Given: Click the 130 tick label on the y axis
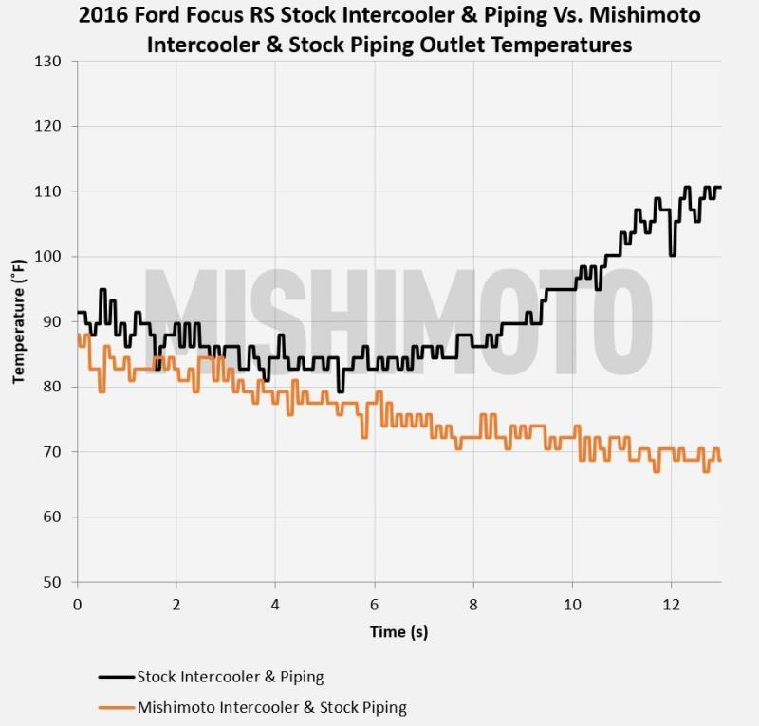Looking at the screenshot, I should pyautogui.click(x=48, y=62).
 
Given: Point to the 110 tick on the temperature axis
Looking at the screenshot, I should pyautogui.click(x=48, y=191).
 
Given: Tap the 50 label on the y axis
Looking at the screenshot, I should pyautogui.click(x=52, y=582).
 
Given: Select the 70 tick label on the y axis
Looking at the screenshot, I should pyautogui.click(x=52, y=452).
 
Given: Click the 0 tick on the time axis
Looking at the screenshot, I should pyautogui.click(x=77, y=604).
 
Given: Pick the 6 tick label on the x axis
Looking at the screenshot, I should pyautogui.click(x=375, y=604).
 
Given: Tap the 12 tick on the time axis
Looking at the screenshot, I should pyautogui.click(x=671, y=604).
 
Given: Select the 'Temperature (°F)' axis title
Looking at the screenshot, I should pyautogui.click(x=18, y=321).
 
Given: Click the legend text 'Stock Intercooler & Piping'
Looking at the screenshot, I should pyautogui.click(x=231, y=677).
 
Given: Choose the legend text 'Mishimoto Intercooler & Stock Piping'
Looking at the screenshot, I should pyautogui.click(x=271, y=707).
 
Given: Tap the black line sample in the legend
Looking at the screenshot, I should pyautogui.click(x=117, y=677).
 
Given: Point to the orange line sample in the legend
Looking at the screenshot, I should pyautogui.click(x=117, y=707).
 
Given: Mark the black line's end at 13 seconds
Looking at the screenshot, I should pyautogui.click(x=720, y=188).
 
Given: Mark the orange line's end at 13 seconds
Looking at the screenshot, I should pyautogui.click(x=720, y=460).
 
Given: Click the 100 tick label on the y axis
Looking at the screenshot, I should pyautogui.click(x=48, y=257).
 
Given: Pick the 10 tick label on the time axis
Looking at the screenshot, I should pyautogui.click(x=572, y=604).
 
